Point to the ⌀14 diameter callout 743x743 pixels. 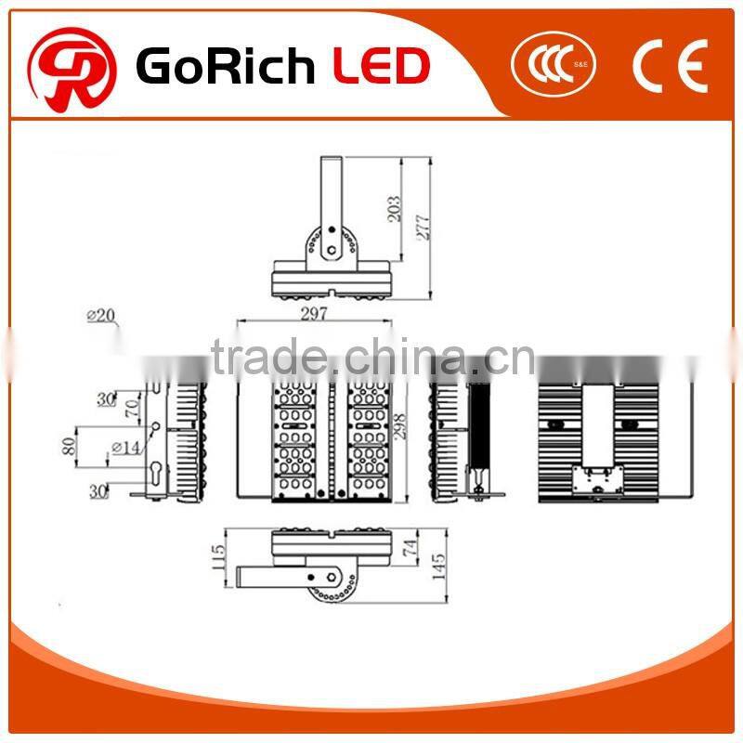coord(125,448)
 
